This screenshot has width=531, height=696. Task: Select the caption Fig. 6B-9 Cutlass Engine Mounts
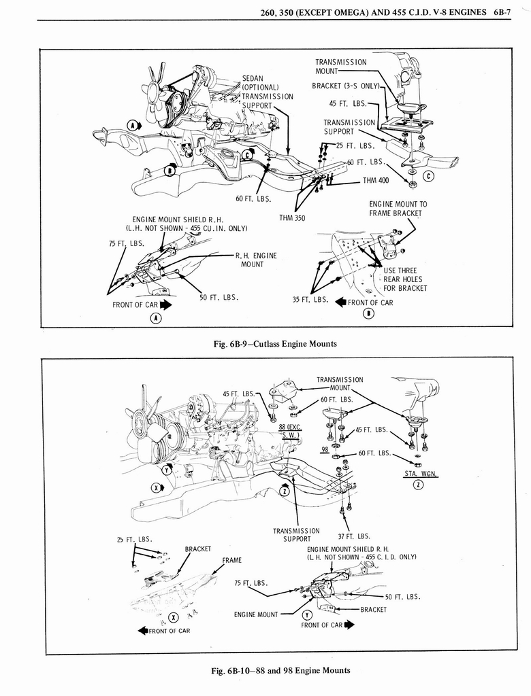[x=275, y=343]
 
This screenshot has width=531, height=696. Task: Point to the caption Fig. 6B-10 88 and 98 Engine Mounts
[x=280, y=670]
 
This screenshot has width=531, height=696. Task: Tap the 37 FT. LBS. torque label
[x=354, y=536]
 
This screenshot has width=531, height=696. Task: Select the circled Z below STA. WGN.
[x=419, y=484]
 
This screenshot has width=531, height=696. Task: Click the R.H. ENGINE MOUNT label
[x=256, y=260]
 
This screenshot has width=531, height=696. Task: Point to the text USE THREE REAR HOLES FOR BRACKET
[x=404, y=279]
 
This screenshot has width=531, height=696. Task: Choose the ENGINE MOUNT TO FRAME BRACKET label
[x=398, y=208]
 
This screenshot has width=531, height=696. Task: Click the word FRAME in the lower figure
[x=233, y=560]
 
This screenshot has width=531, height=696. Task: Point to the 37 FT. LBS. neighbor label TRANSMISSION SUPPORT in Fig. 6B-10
[x=296, y=535]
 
